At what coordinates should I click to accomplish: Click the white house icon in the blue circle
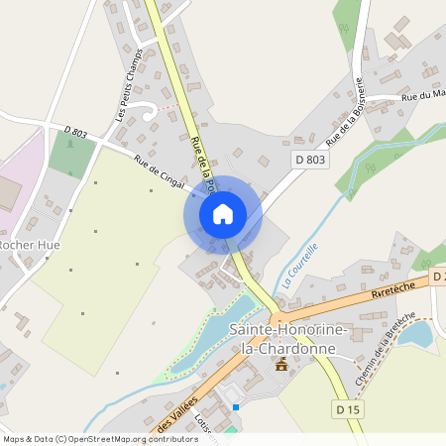tap(223, 213)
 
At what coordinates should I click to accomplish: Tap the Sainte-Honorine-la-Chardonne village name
tap(282, 337)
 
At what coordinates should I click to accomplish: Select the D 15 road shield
tap(345, 409)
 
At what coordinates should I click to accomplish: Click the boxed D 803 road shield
tap(309, 159)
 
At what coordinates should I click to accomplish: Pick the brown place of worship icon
tap(281, 366)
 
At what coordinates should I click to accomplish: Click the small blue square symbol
tap(236, 406)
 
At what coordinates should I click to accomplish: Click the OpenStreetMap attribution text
tap(99, 439)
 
